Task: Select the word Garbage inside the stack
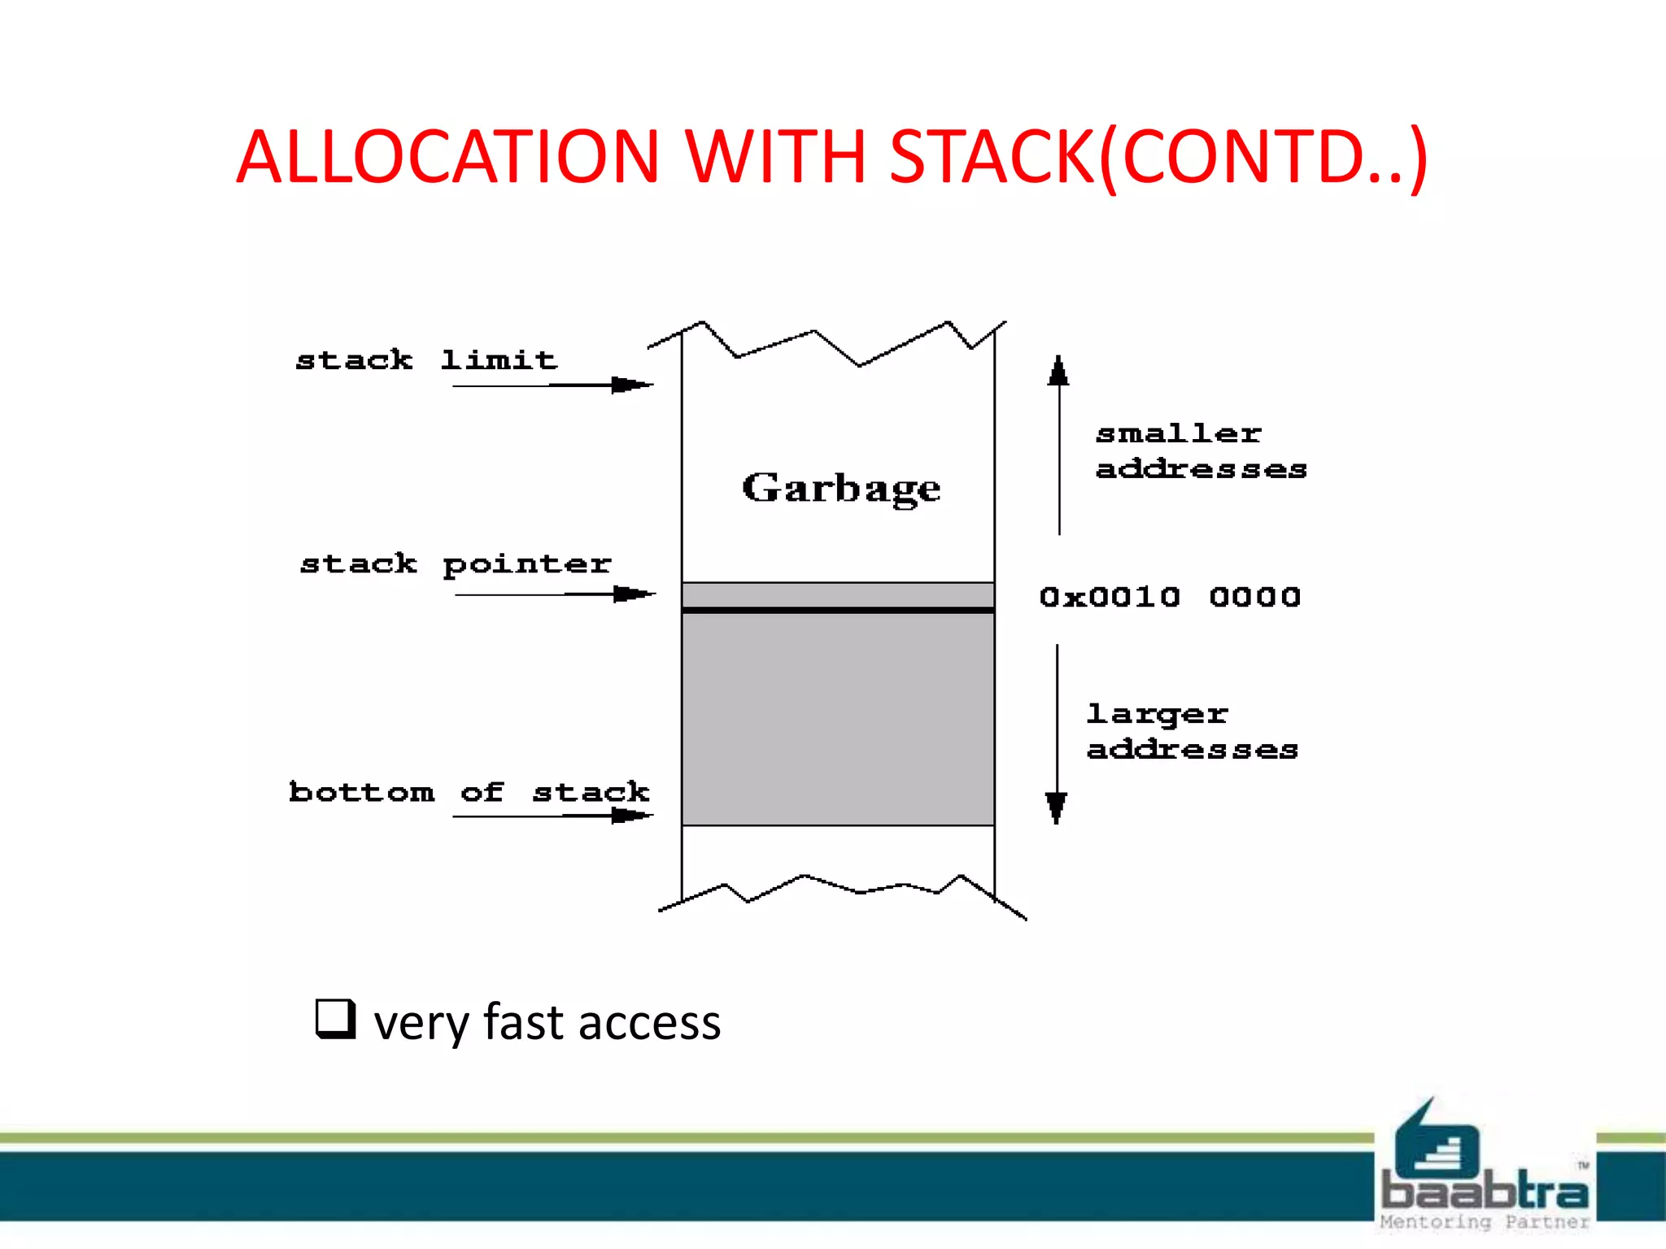tap(841, 488)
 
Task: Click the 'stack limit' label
tap(426, 359)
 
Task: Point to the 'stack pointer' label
tap(456, 564)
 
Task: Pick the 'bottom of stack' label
tap(469, 791)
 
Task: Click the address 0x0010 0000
tap(1170, 597)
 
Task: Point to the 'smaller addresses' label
tap(1201, 451)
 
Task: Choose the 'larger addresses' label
tap(1192, 731)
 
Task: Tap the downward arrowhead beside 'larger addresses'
tap(1057, 807)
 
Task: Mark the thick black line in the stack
tap(838, 610)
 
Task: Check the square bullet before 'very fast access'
tap(336, 1019)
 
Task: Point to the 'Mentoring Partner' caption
tap(1485, 1222)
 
